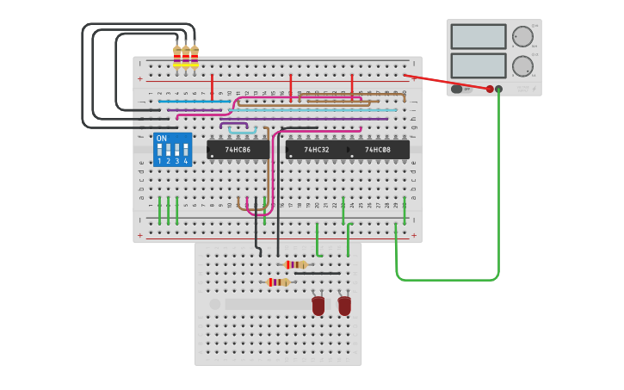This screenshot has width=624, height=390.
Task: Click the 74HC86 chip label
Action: [238, 150]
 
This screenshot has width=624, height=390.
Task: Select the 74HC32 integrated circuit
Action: [316, 150]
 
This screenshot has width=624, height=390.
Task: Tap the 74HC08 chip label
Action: [377, 150]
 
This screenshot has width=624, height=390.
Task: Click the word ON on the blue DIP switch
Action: [162, 139]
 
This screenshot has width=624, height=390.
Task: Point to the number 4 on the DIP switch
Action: [185, 161]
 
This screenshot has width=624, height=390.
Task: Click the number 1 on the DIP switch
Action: [159, 161]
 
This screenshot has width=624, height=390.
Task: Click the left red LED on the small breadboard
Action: [318, 306]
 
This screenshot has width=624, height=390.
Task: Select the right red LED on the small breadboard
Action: [344, 306]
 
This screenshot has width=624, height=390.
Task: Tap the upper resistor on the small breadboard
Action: [295, 264]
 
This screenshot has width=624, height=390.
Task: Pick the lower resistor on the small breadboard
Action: [277, 282]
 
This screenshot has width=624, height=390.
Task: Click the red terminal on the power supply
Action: [490, 89]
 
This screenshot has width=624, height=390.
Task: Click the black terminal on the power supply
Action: [498, 89]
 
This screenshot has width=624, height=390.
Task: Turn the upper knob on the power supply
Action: [522, 36]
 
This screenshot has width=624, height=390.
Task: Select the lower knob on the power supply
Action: [522, 66]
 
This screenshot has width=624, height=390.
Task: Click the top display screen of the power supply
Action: [478, 36]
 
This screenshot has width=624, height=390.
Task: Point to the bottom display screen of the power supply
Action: [478, 65]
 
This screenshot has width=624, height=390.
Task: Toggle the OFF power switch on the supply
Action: [457, 89]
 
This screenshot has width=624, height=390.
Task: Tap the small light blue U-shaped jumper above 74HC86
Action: [243, 130]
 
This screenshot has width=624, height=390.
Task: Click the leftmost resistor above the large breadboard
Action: [177, 56]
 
